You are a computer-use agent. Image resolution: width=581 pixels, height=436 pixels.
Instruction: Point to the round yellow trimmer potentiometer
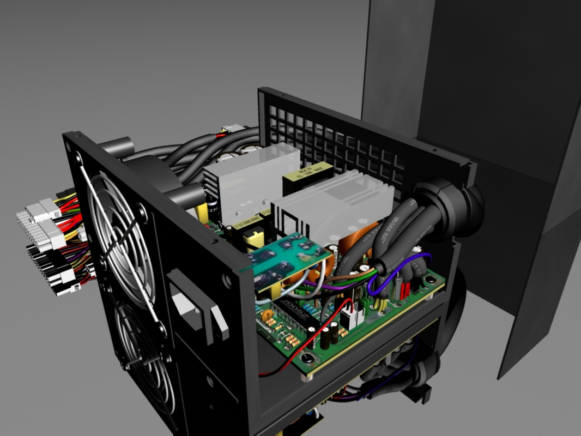(267, 314)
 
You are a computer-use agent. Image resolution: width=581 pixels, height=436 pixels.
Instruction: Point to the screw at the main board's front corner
(307, 358)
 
